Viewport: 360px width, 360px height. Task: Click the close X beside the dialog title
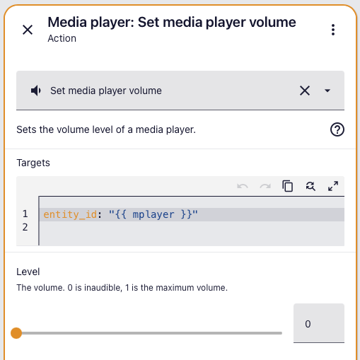(x=28, y=30)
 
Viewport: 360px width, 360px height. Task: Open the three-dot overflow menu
(x=333, y=30)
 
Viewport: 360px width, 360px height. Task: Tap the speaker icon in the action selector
(x=36, y=91)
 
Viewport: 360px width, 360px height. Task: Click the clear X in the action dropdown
(x=305, y=91)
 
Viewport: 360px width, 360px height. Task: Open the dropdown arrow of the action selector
(x=327, y=91)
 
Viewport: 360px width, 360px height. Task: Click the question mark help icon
(x=337, y=129)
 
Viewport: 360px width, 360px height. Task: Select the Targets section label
(x=33, y=163)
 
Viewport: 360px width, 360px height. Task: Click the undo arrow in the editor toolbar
(x=243, y=186)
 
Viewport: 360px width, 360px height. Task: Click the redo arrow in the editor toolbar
(x=265, y=186)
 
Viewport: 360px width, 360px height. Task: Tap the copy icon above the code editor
(x=288, y=186)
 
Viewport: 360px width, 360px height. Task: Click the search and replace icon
(x=310, y=186)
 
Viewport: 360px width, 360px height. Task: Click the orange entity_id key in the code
(x=70, y=214)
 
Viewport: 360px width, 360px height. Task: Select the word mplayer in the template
(x=153, y=215)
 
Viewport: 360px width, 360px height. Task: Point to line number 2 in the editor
(x=25, y=227)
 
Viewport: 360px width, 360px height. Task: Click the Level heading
(x=28, y=272)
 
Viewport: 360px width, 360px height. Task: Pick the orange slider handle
(x=16, y=333)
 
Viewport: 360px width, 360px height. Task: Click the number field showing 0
(x=319, y=323)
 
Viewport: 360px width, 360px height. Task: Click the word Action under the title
(x=62, y=38)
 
